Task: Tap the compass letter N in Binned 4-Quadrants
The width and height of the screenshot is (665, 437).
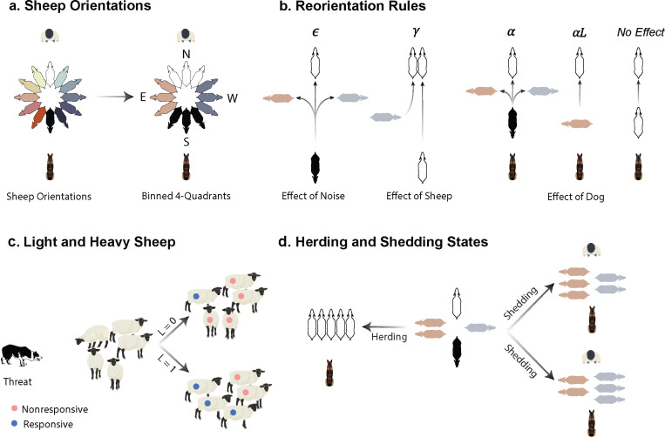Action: pyautogui.click(x=186, y=54)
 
